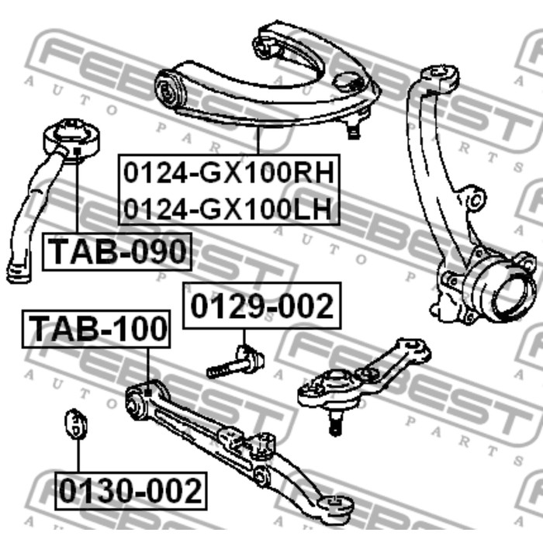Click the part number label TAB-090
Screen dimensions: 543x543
point(116,252)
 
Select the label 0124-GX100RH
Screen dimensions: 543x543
point(229,173)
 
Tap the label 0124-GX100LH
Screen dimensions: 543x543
point(227,209)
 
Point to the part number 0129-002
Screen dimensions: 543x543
point(262,306)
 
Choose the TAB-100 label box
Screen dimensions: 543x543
point(96,329)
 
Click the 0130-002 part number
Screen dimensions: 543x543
point(130,491)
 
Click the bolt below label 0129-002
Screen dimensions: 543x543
point(236,362)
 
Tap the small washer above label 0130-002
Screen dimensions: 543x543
point(76,424)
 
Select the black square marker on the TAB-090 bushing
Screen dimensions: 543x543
point(78,151)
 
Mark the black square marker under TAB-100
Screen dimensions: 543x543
point(148,393)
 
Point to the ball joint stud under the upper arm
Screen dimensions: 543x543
point(353,127)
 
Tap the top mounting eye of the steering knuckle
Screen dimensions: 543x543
point(440,75)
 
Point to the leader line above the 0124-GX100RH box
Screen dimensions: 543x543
point(258,140)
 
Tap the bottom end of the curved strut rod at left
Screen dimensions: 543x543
point(18,271)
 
